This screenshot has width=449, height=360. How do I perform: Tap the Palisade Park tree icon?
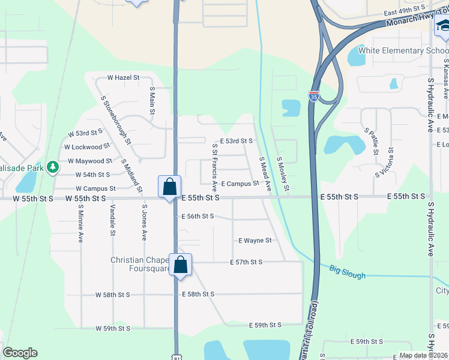(x=53, y=166)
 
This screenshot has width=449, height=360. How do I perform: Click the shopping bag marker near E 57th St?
(x=180, y=264)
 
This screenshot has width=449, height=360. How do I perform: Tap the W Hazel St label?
(x=123, y=78)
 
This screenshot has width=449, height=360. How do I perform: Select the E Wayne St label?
(x=255, y=241)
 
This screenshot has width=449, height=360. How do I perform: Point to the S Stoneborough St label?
(x=116, y=120)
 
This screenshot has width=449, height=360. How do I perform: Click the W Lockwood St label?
(x=87, y=146)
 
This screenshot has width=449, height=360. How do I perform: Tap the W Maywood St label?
(x=90, y=161)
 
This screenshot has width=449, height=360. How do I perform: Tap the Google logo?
(x=19, y=353)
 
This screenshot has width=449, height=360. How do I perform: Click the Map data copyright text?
(x=423, y=355)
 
